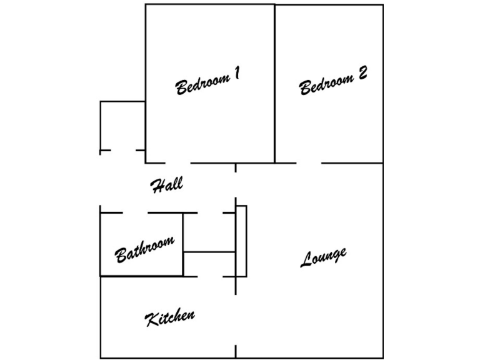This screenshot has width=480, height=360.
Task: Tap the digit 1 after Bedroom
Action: pos(236,74)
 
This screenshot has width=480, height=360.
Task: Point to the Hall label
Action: pos(167,184)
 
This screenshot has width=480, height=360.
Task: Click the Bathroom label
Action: pos(144,249)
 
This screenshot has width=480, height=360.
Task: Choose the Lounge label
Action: pos(323,256)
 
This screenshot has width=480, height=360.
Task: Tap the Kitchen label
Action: pos(170,317)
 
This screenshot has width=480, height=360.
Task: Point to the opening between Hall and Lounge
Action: pos(236,184)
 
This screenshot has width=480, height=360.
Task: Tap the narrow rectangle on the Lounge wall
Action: pos(241,241)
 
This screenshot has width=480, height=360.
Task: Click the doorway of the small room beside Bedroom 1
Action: pos(124,151)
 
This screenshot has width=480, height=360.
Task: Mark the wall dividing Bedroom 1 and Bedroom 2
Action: pos(275,84)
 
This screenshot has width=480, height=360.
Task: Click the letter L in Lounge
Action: pos(306,260)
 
